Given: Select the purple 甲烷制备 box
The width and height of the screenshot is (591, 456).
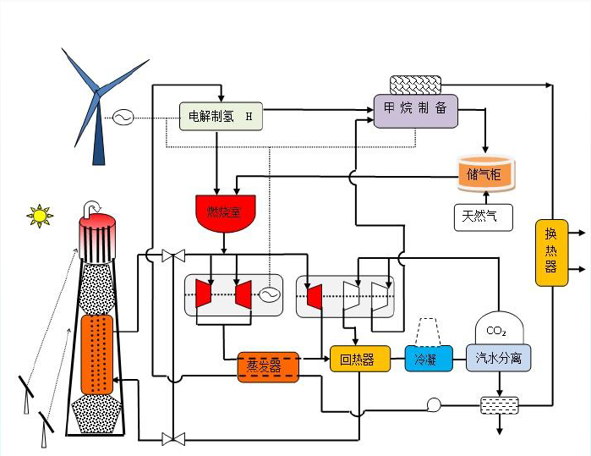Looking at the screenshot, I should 415,111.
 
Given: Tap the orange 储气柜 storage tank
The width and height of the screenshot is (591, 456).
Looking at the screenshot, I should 484,173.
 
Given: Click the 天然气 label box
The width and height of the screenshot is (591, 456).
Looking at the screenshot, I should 484,217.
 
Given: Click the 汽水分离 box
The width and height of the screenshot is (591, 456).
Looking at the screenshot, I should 499,358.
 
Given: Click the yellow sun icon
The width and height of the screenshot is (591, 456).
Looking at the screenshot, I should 39,215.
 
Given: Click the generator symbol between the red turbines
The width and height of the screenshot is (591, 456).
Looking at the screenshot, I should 269,294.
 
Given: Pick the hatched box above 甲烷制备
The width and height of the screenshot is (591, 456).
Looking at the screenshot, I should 414,85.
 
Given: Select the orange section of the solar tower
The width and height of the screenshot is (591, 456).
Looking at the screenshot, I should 96,354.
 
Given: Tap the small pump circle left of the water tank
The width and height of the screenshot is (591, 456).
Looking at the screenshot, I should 435,404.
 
